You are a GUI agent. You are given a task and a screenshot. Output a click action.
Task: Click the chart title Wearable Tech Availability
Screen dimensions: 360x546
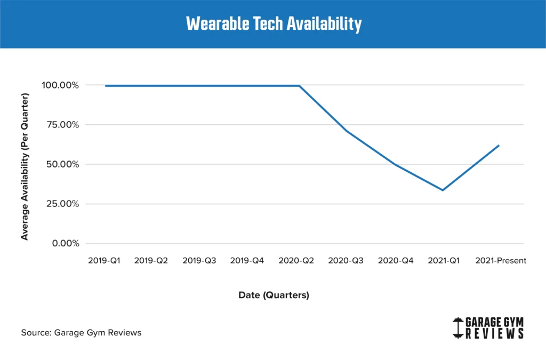273,24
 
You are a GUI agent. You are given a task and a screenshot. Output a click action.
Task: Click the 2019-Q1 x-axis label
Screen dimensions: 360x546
105,261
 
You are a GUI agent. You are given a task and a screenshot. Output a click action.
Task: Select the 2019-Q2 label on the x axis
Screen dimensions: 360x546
151,261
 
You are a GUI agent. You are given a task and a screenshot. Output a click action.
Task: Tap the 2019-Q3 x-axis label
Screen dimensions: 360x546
199,261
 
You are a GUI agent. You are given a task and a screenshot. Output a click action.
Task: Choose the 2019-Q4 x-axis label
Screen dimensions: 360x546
247,261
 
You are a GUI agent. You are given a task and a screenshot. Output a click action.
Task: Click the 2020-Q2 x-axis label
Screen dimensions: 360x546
296,261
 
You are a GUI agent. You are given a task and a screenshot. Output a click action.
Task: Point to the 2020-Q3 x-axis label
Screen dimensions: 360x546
346,261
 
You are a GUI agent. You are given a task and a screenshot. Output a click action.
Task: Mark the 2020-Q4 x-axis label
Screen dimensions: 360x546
395,261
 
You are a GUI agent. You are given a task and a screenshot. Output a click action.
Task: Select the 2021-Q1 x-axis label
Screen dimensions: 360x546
444,261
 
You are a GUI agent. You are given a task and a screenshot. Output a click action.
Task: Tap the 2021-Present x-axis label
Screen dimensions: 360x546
501,261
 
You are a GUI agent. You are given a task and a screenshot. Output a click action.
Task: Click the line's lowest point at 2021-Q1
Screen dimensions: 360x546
443,190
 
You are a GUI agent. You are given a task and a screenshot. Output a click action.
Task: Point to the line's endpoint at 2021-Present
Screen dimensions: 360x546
499,145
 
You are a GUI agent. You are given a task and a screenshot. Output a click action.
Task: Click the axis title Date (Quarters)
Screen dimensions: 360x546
274,295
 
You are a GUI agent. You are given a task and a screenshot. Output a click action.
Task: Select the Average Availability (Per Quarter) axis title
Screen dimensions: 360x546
25,166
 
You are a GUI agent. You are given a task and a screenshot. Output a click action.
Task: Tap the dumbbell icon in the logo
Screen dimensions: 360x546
457,328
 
